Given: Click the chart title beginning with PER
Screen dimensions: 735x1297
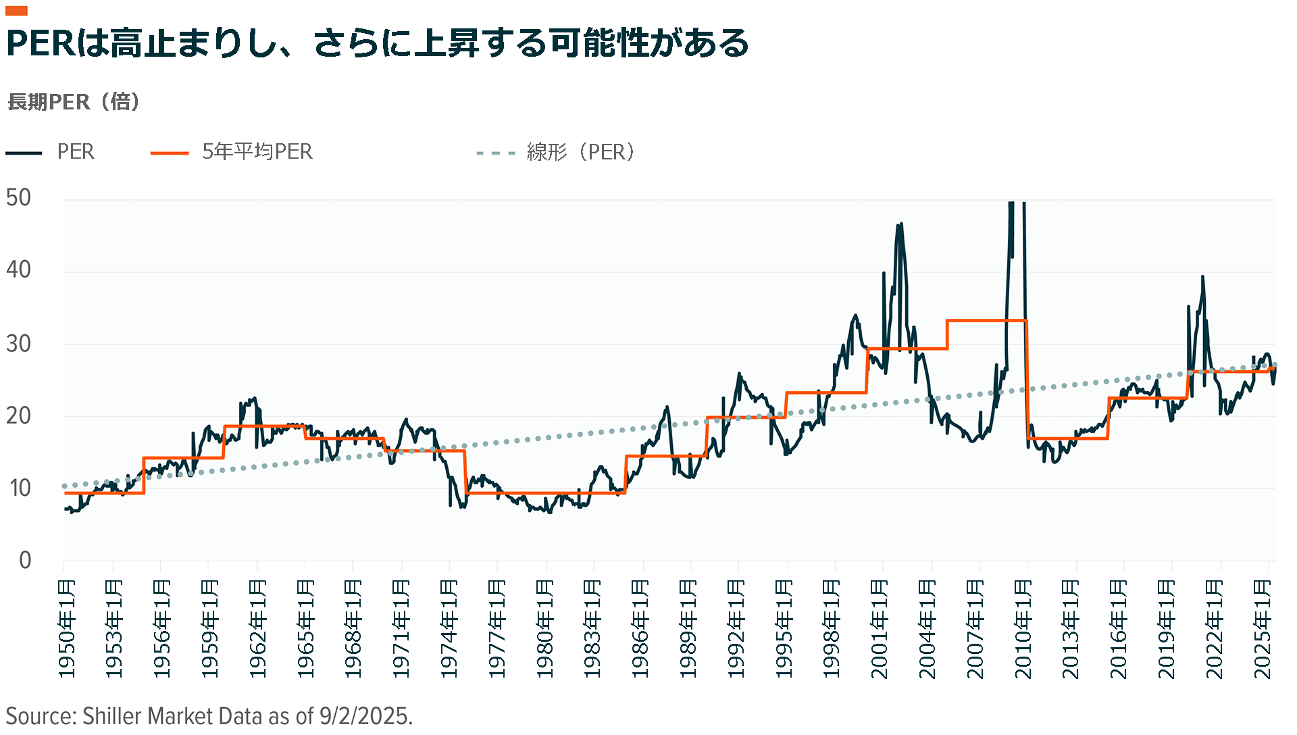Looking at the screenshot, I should point(377,43).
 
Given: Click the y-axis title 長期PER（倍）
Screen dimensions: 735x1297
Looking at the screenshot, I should point(74,102).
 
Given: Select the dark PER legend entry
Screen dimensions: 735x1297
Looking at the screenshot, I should point(51,152).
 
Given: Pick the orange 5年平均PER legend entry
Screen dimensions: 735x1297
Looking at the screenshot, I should point(232,152).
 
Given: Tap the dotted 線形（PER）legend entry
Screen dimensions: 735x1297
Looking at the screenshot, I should point(555,152).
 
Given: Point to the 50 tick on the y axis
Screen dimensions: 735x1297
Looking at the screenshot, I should point(19,198).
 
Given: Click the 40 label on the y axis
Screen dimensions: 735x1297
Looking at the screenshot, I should point(19,270).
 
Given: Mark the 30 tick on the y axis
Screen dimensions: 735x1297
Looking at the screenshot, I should point(19,344).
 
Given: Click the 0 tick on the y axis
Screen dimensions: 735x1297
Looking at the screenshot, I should point(25,560).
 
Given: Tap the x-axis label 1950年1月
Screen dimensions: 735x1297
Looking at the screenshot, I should point(66,628).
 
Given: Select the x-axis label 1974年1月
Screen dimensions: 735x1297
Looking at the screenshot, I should point(449,628).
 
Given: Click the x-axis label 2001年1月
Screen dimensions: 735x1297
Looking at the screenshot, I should point(880,628).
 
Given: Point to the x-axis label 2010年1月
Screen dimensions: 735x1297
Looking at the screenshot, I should point(1023,628).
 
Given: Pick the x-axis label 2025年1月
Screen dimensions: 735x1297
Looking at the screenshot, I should point(1263,628).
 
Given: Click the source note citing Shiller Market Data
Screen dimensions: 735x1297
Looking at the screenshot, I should point(209,716).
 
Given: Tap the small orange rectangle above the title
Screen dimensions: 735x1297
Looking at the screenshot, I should point(16,11).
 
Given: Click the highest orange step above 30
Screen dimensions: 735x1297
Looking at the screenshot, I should point(987,321).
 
